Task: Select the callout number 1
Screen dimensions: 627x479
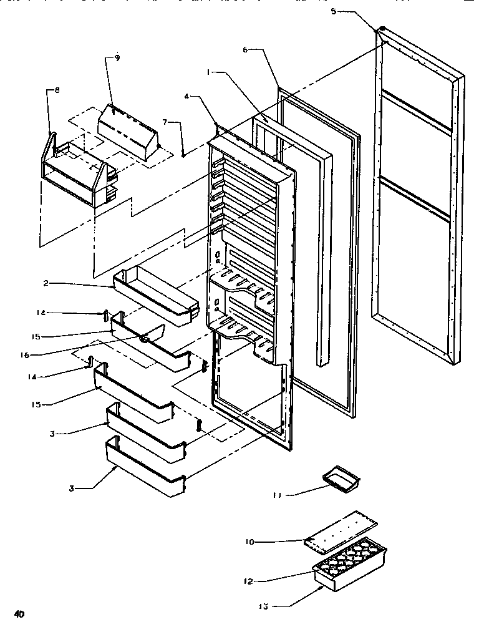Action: click(x=210, y=72)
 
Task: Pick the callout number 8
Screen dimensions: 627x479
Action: click(x=57, y=90)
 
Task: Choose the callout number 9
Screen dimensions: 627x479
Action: click(x=117, y=58)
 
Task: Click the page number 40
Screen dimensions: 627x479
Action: click(x=20, y=614)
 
